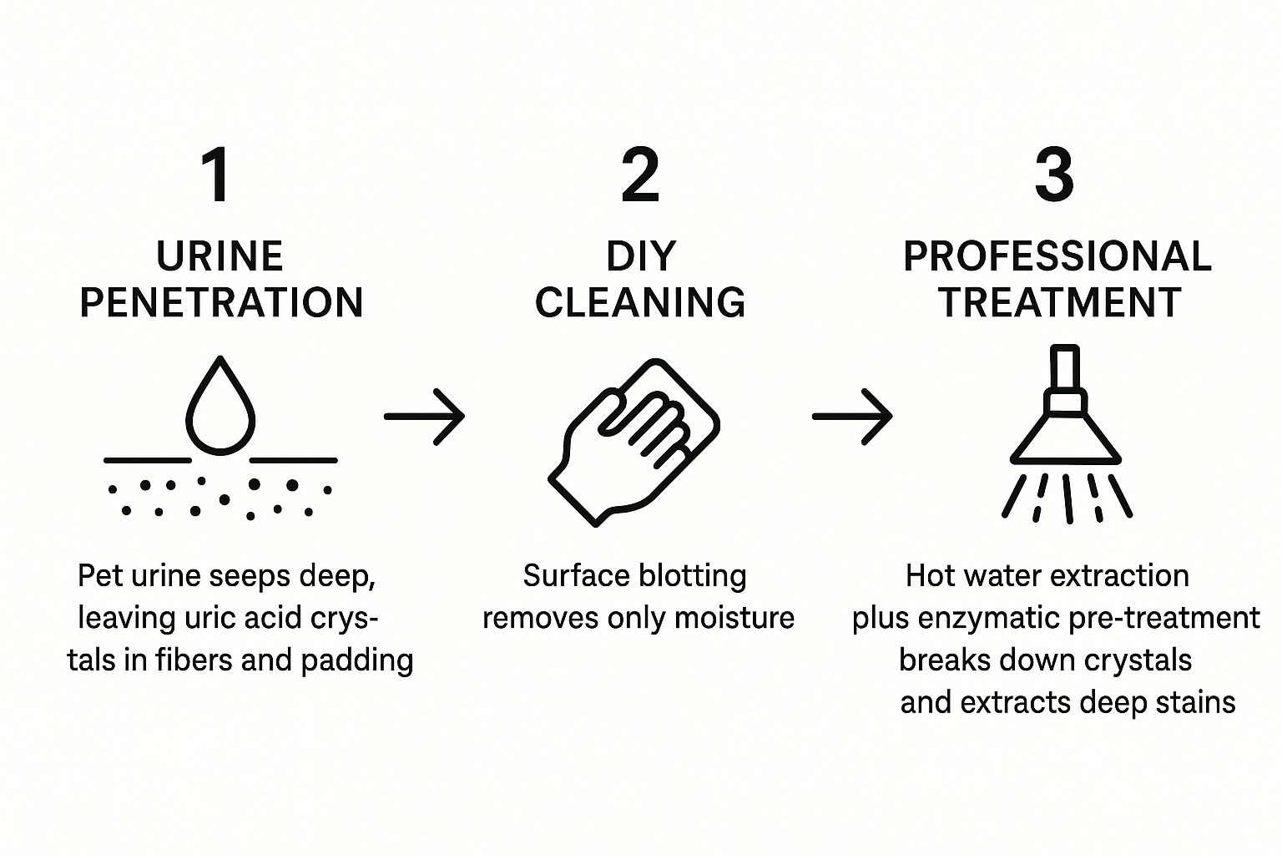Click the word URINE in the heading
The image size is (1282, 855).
click(x=220, y=256)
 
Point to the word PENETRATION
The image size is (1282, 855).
click(x=221, y=302)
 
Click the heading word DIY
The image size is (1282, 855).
click(x=641, y=256)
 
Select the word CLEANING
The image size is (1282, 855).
click(x=640, y=302)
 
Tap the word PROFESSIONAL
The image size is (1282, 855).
click(x=1057, y=256)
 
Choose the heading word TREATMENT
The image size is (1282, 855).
click(x=1059, y=302)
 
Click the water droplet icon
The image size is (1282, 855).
click(x=220, y=406)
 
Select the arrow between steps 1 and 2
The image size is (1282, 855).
click(x=424, y=416)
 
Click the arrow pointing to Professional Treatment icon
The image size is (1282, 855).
click(x=852, y=416)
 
